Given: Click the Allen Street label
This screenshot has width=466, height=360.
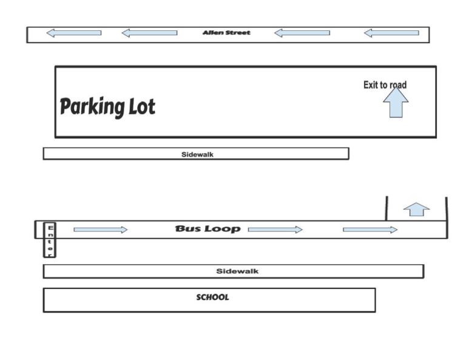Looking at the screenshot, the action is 226,33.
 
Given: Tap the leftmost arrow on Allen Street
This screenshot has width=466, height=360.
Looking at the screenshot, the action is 73,33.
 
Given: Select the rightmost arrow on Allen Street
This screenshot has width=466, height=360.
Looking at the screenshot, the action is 391,33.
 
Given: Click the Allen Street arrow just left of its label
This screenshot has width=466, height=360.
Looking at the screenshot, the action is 149,33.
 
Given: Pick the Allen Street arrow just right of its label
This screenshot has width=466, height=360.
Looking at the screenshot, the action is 302,33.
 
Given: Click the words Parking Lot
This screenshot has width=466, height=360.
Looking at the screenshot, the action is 107,107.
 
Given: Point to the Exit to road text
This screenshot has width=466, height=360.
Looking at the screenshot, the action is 385,85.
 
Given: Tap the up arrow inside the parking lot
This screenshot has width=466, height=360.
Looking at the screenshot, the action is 396,102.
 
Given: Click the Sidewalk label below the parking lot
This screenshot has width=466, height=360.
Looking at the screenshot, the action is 197,154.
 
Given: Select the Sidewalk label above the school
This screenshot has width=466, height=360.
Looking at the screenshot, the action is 237,271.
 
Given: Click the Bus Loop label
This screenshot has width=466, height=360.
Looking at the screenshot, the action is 208,229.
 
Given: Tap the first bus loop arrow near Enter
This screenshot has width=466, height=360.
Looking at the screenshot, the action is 101,229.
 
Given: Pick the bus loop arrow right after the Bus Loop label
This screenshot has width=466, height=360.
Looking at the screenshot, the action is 275,229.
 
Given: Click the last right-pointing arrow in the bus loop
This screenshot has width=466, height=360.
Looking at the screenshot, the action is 370,229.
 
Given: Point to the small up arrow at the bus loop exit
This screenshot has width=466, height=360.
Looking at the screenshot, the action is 416,209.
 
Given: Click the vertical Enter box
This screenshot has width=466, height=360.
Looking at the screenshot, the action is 50,240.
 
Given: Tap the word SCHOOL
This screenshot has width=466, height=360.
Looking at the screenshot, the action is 212,297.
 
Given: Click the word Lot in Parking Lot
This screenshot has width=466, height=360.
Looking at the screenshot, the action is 142,107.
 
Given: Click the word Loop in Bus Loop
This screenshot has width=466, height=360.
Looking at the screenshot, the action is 223,229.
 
